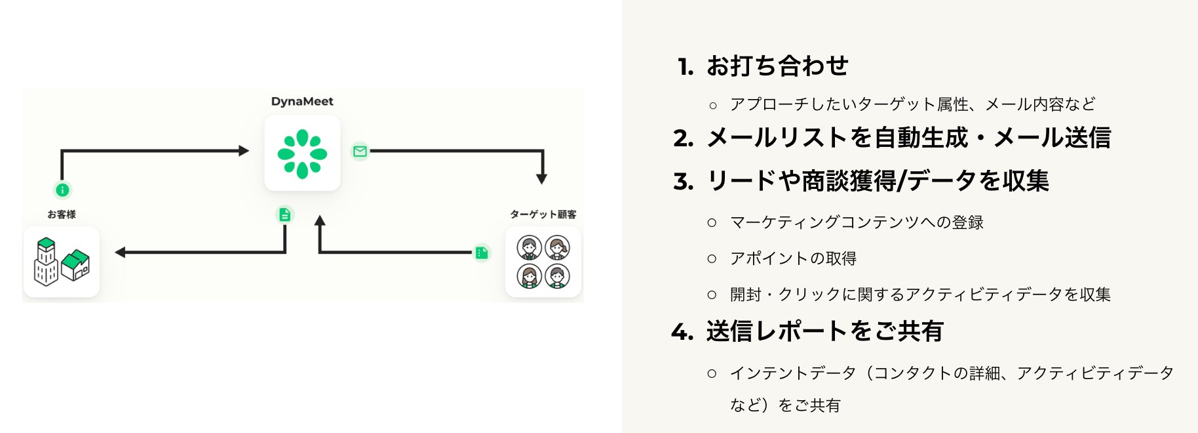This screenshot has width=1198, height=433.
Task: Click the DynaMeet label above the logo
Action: point(302,102)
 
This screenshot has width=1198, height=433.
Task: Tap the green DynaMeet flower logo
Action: point(302,154)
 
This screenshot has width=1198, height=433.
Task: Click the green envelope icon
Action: point(360,152)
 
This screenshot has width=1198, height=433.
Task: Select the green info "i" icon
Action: point(62,190)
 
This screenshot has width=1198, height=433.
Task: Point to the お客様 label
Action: point(62,215)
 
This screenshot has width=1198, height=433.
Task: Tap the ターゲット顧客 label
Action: point(543,215)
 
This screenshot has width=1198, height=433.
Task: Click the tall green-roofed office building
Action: point(46,262)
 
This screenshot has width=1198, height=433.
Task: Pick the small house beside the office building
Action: point(76,265)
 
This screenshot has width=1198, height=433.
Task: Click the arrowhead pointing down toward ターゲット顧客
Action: point(541,178)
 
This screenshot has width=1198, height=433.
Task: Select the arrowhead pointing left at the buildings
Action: point(121,252)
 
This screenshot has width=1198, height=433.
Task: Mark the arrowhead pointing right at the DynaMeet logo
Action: point(244,151)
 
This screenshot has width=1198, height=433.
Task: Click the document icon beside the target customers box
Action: point(482,253)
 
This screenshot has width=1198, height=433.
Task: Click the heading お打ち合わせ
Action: point(777,66)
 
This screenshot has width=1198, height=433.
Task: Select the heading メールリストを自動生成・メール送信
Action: point(908,138)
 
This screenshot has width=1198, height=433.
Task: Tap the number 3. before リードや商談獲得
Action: point(684,181)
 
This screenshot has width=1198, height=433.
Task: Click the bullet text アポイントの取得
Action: point(793,258)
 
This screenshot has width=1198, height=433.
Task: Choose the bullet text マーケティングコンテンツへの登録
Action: point(857,222)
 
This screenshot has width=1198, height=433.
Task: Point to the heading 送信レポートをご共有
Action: point(824,331)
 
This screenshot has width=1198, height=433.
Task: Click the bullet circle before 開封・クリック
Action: point(712,295)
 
